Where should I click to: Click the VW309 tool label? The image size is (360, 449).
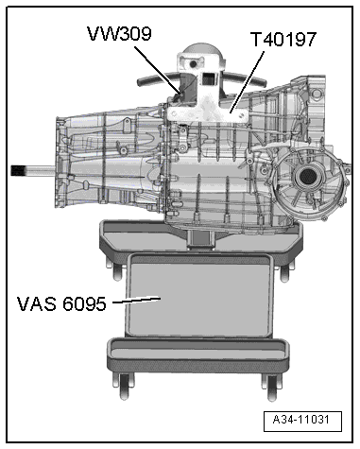pyautogui.click(x=119, y=34)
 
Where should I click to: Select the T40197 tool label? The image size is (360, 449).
pyautogui.click(x=283, y=40)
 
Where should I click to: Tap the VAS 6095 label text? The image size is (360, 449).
pyautogui.click(x=61, y=304)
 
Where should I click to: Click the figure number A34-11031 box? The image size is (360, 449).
pyautogui.click(x=302, y=421)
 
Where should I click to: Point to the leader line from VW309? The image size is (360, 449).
pyautogui.click(x=158, y=70)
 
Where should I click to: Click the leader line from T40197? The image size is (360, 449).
pyautogui.click(x=247, y=81)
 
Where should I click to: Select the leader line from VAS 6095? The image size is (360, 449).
pyautogui.click(x=136, y=301)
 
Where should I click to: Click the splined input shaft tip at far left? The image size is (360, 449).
pyautogui.click(x=18, y=171)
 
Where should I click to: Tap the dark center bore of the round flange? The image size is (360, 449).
pyautogui.click(x=305, y=177)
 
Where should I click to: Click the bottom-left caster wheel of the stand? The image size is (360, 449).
pyautogui.click(x=125, y=387)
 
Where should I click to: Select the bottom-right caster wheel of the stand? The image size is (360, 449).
pyautogui.click(x=270, y=388)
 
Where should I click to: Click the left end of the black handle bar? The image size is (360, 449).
pyautogui.click(x=141, y=83)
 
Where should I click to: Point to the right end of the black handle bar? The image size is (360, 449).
pyautogui.click(x=263, y=83)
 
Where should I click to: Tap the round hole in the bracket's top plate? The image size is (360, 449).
pyautogui.click(x=193, y=63)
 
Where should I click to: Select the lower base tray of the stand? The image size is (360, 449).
pyautogui.click(x=197, y=354)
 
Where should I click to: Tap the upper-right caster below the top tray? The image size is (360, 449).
pyautogui.click(x=284, y=272)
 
